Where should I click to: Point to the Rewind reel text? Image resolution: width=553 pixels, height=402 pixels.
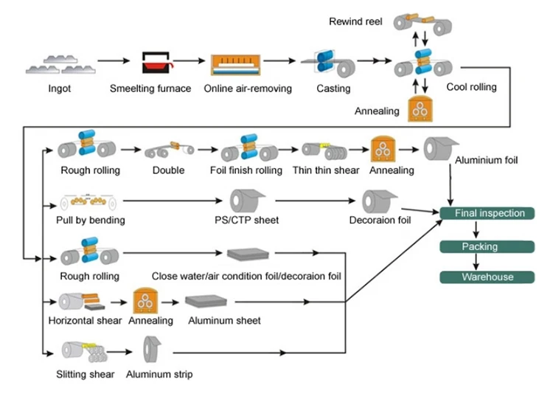(x=356, y=21)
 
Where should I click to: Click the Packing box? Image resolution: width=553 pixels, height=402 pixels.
(x=480, y=246)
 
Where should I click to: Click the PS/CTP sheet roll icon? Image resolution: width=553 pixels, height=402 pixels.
(x=246, y=200)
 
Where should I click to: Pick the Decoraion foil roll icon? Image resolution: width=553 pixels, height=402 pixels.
(x=380, y=201)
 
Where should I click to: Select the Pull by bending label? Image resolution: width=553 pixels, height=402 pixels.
(x=91, y=220)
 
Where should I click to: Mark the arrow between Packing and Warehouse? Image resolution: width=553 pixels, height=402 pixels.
(x=480, y=262)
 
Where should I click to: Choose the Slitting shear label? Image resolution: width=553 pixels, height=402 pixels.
(x=86, y=375)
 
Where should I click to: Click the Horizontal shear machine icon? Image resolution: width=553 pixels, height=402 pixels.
(x=82, y=301)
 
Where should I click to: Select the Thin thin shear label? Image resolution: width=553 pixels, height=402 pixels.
(x=330, y=170)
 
